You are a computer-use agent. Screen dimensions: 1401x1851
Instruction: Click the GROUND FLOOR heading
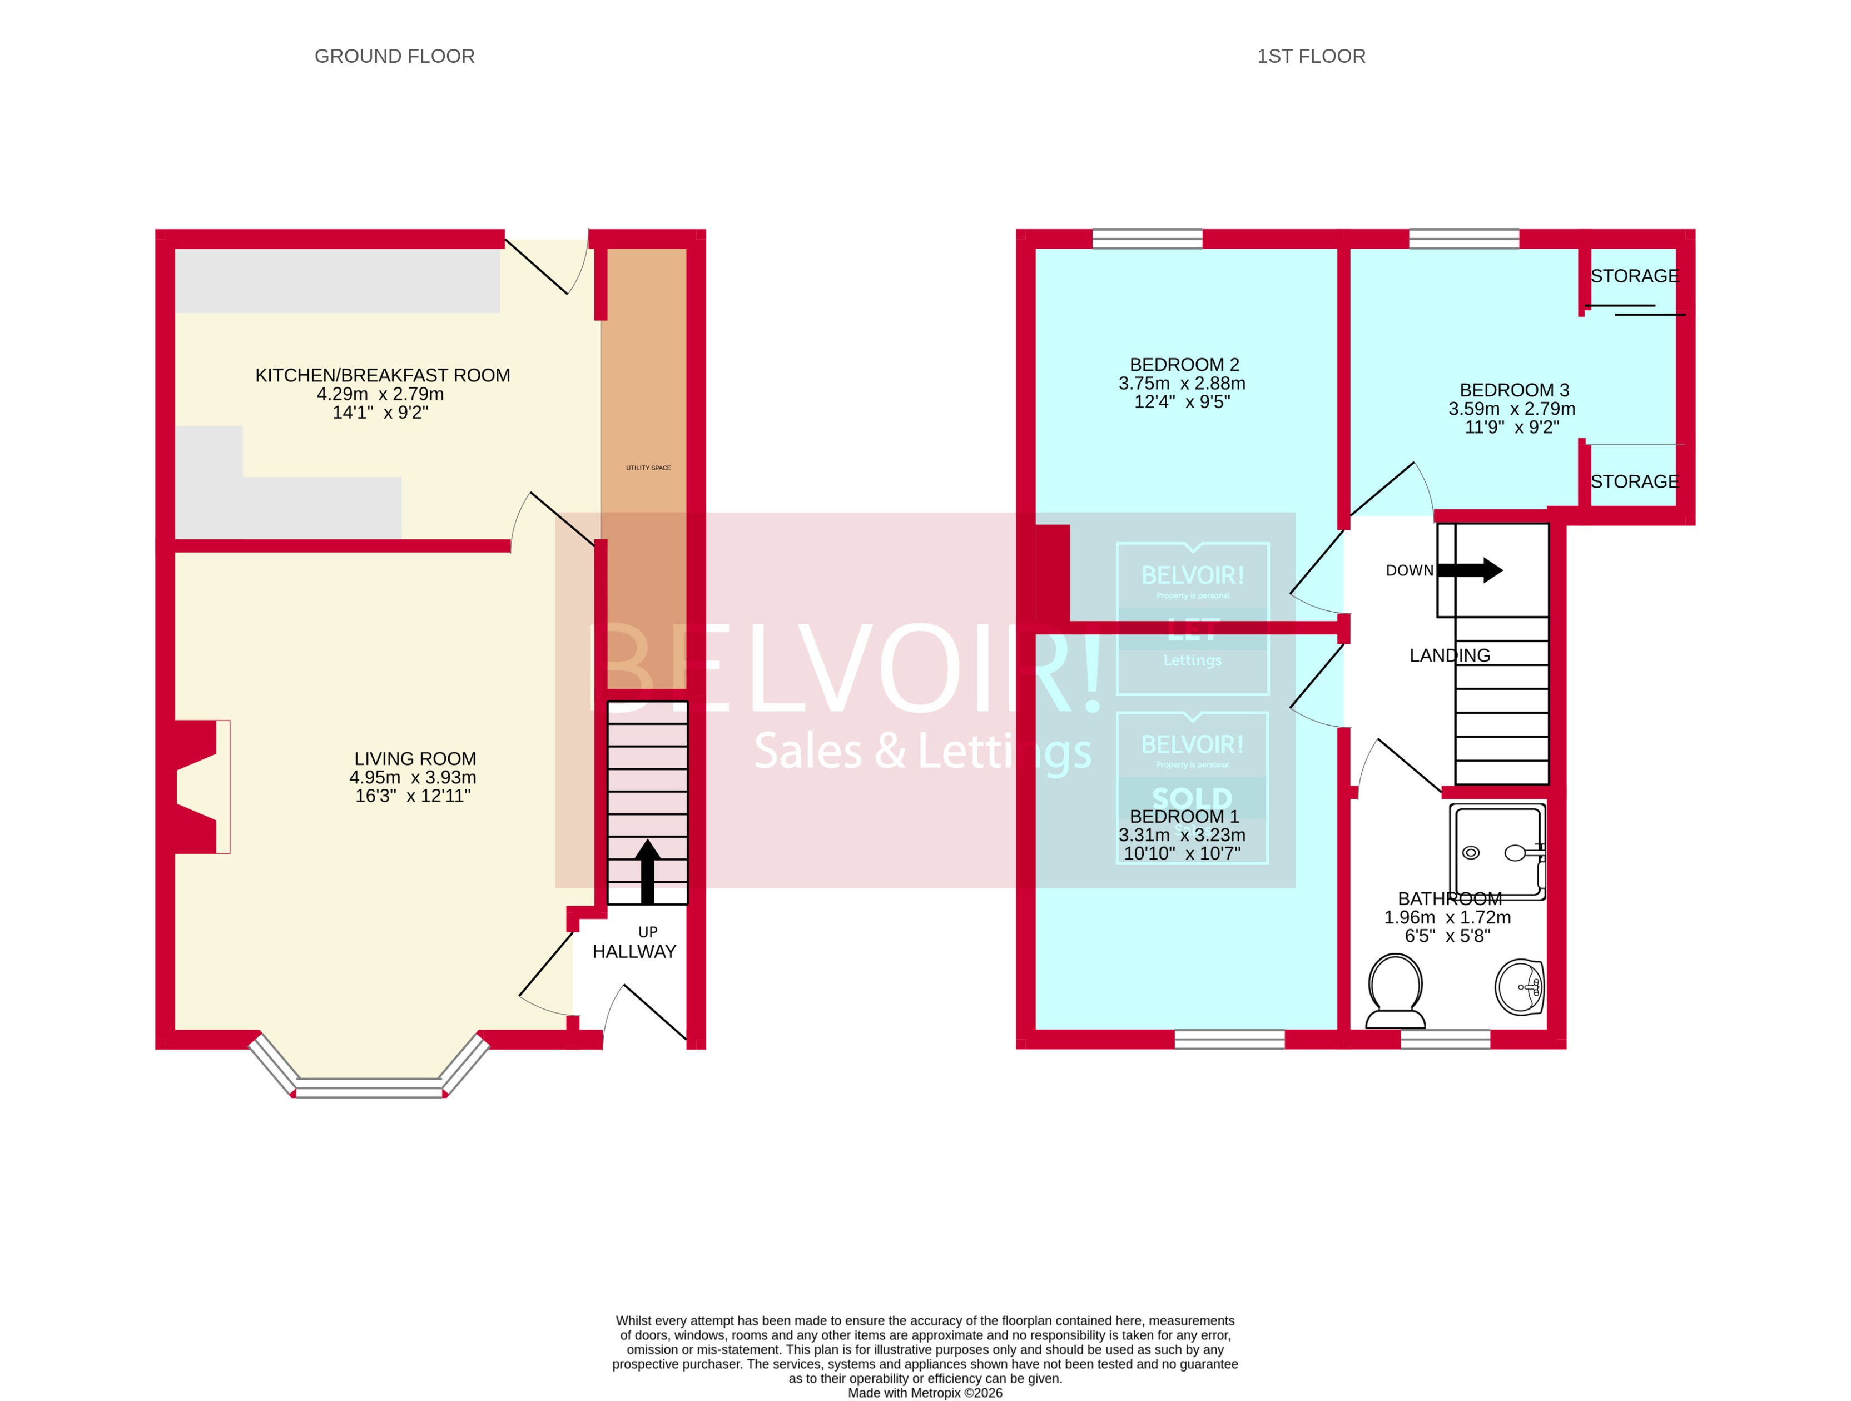coord(394,56)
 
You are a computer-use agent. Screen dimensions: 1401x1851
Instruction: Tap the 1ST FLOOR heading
coord(1311,56)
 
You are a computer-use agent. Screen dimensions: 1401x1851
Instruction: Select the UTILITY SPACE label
coord(648,468)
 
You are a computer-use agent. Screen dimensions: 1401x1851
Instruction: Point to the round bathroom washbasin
coord(1519,987)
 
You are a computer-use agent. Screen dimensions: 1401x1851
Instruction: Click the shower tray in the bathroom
coord(1497,852)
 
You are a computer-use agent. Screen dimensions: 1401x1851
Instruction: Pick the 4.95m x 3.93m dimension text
coord(413,777)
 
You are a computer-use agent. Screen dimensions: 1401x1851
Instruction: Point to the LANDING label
coord(1450,655)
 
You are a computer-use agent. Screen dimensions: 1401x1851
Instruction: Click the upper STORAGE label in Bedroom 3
coord(1634,276)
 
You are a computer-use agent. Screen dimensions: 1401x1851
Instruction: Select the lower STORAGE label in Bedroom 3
coord(1634,482)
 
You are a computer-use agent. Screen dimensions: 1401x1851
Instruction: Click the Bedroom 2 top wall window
coord(1147,240)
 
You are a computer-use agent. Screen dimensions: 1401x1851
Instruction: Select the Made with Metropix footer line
coord(925,1393)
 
